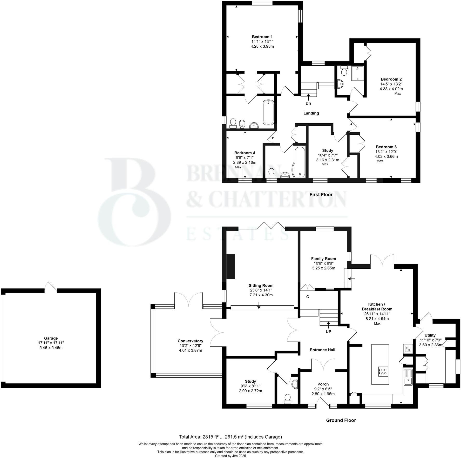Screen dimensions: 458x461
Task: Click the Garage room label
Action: tap(51, 338)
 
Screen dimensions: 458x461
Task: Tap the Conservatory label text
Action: tap(190, 341)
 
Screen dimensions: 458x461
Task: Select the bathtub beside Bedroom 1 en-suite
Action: tap(268, 112)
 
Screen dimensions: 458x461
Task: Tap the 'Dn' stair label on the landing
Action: tap(308, 103)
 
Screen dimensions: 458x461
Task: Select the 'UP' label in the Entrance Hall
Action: tap(329, 331)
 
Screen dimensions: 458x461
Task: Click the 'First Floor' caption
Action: tap(321, 195)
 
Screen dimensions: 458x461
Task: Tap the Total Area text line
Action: tap(230, 437)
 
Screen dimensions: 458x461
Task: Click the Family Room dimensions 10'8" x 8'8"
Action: tap(323, 263)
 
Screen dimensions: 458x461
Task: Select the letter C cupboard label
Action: tap(308, 297)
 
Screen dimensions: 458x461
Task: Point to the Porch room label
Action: tap(323, 384)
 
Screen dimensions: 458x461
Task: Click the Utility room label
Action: tap(430, 335)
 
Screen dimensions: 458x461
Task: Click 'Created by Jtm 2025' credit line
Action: tap(230, 456)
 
